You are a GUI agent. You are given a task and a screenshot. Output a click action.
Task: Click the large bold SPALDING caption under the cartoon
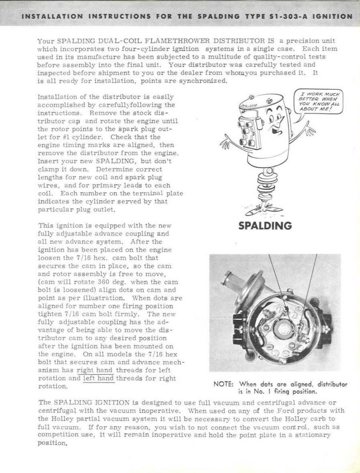265,226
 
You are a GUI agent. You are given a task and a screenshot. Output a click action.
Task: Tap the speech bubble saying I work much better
318,102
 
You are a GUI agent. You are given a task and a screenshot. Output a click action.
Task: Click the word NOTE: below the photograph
223,384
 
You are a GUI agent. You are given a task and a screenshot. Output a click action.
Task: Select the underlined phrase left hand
99,378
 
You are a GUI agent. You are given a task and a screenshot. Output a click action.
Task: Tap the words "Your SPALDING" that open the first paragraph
60,41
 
